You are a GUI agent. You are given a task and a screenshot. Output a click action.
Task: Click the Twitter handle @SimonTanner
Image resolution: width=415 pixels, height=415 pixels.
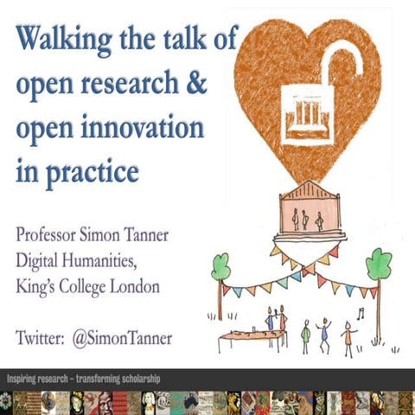[x=126, y=337]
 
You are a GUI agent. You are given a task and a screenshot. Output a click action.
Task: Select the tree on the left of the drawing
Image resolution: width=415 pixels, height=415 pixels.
[x=220, y=270]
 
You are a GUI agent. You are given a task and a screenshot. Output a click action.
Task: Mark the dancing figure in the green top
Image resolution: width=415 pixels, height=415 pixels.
[x=305, y=334]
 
